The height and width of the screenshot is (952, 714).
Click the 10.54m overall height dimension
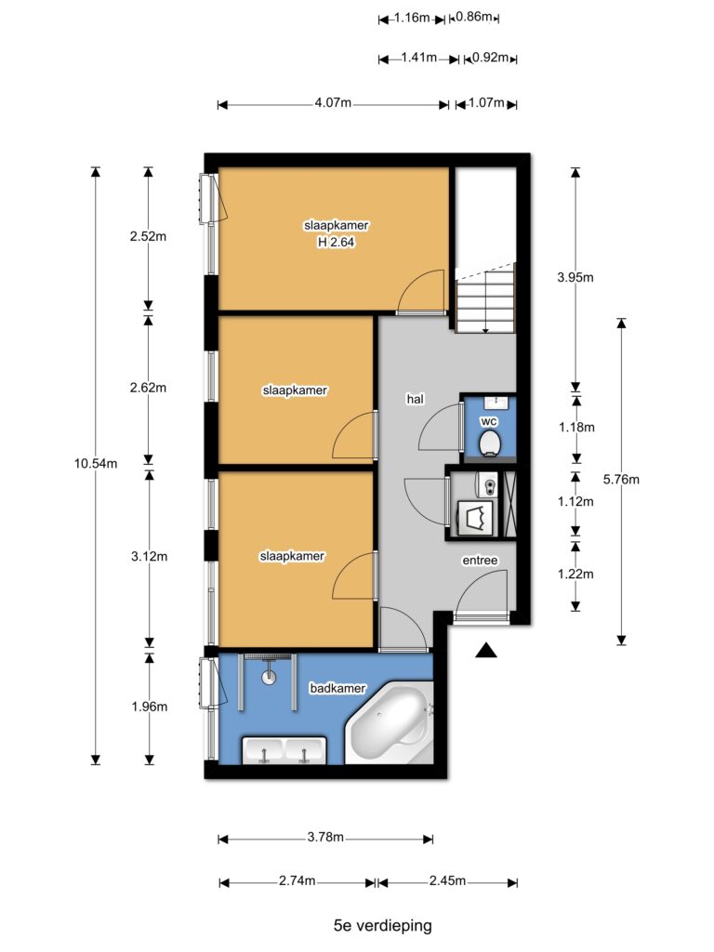(96, 464)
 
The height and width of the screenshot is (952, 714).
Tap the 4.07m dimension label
(333, 103)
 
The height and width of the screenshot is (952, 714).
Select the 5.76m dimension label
(621, 480)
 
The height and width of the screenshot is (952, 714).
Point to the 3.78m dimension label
(325, 838)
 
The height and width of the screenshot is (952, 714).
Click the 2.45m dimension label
(447, 881)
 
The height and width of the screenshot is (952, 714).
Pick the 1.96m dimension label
(150, 707)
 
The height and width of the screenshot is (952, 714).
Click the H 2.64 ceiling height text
(337, 243)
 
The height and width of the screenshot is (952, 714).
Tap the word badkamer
(337, 689)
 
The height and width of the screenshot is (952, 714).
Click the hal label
(416, 400)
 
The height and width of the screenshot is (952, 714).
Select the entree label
(481, 561)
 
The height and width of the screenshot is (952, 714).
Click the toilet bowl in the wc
(489, 443)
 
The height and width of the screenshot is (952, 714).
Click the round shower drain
(269, 677)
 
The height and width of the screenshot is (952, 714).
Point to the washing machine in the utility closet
(475, 518)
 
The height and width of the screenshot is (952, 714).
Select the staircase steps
(485, 298)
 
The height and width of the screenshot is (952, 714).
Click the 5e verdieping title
(383, 926)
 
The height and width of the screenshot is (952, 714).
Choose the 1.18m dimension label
(576, 428)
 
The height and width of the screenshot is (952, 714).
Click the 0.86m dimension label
(473, 17)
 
